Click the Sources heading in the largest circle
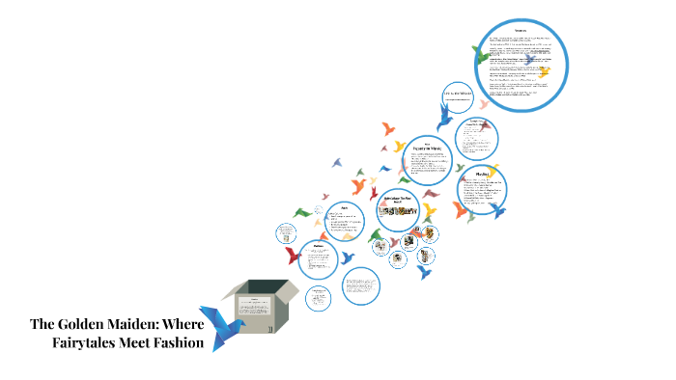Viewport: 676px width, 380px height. (x=523, y=31)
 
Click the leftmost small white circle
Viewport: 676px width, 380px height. (x=286, y=234)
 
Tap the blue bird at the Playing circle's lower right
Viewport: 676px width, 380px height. (x=497, y=209)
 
